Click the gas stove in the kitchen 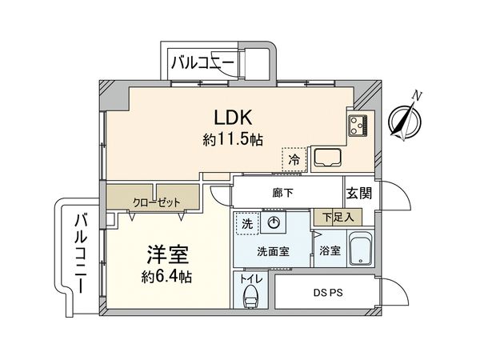(357, 125)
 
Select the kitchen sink (327, 157)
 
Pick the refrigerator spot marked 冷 (293, 158)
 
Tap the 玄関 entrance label (357, 193)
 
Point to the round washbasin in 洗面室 (274, 224)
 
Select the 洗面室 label (271, 250)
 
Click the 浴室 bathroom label (330, 250)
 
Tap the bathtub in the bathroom (363, 249)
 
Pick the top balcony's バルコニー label (201, 61)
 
